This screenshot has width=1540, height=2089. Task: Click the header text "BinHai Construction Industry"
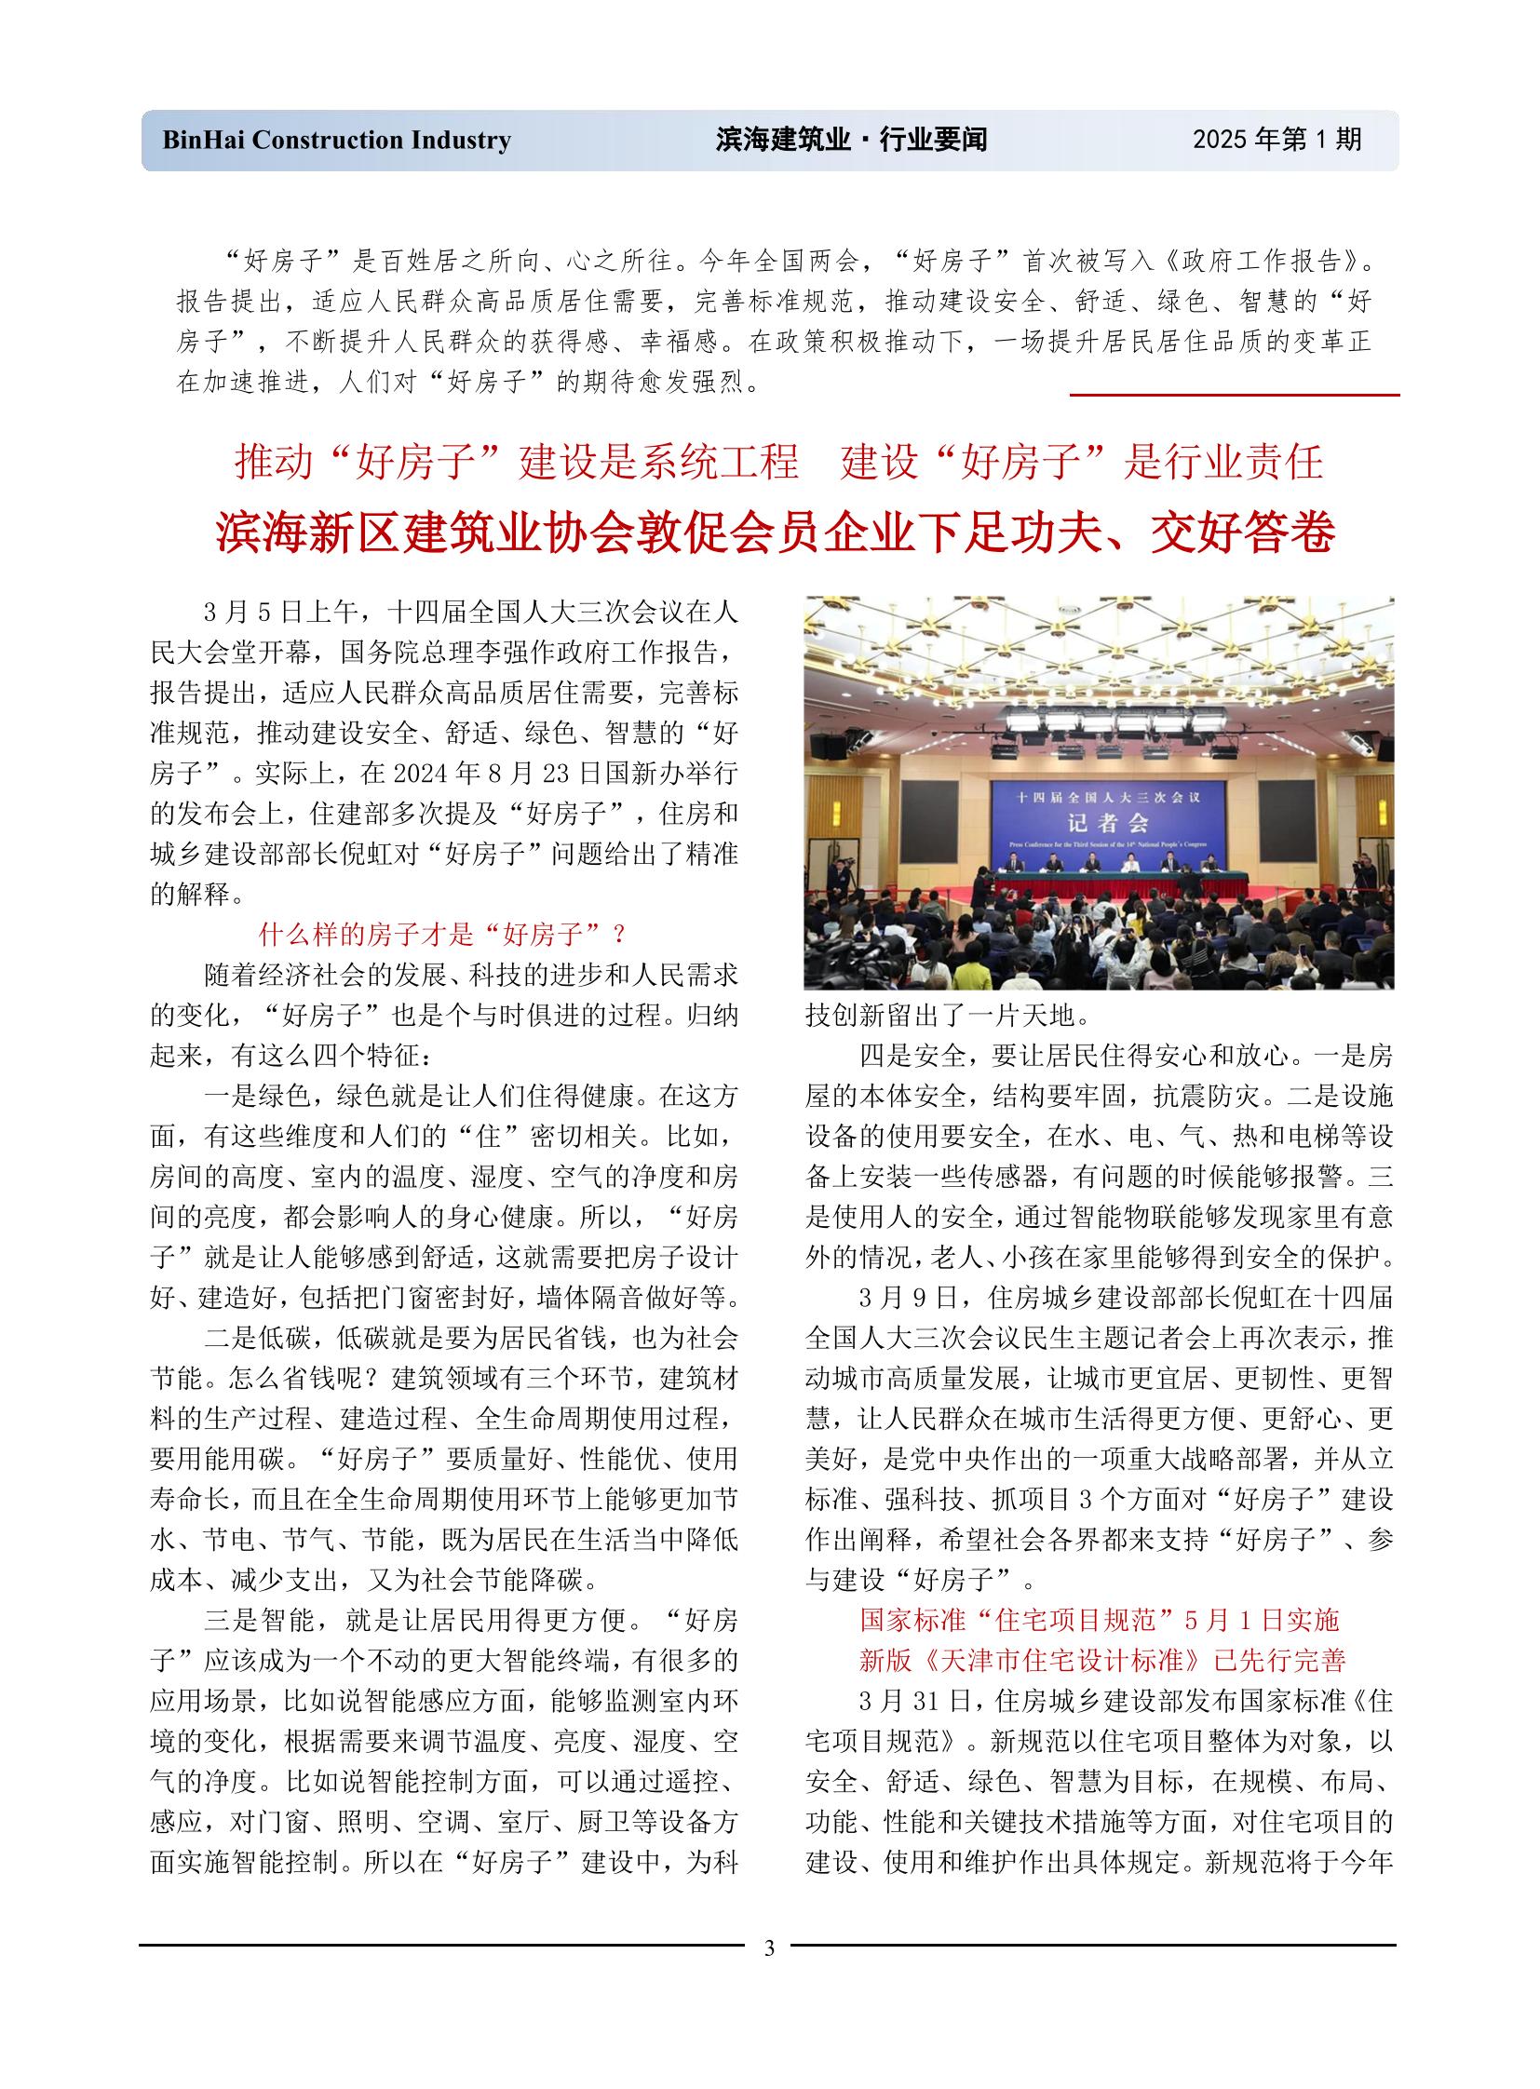point(336,140)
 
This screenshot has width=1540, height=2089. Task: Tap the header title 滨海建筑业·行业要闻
point(851,140)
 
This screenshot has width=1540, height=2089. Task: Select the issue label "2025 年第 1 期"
point(1277,140)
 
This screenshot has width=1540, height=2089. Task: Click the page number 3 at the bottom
point(769,1948)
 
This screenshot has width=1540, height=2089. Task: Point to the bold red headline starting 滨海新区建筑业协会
point(776,533)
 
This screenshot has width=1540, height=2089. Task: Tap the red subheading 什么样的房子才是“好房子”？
point(444,934)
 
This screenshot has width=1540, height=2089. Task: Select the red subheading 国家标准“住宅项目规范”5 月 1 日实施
point(1099,1620)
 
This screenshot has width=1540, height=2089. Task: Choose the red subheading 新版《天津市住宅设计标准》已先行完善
point(1101,1660)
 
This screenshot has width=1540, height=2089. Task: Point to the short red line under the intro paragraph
point(1235,396)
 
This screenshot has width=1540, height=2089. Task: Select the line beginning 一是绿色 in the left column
point(471,1096)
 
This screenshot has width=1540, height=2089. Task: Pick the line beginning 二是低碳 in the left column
point(471,1338)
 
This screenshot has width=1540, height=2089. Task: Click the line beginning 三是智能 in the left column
point(471,1620)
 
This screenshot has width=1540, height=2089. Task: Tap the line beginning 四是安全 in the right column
point(1125,1056)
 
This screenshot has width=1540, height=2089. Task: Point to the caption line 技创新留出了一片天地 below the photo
point(948,1015)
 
